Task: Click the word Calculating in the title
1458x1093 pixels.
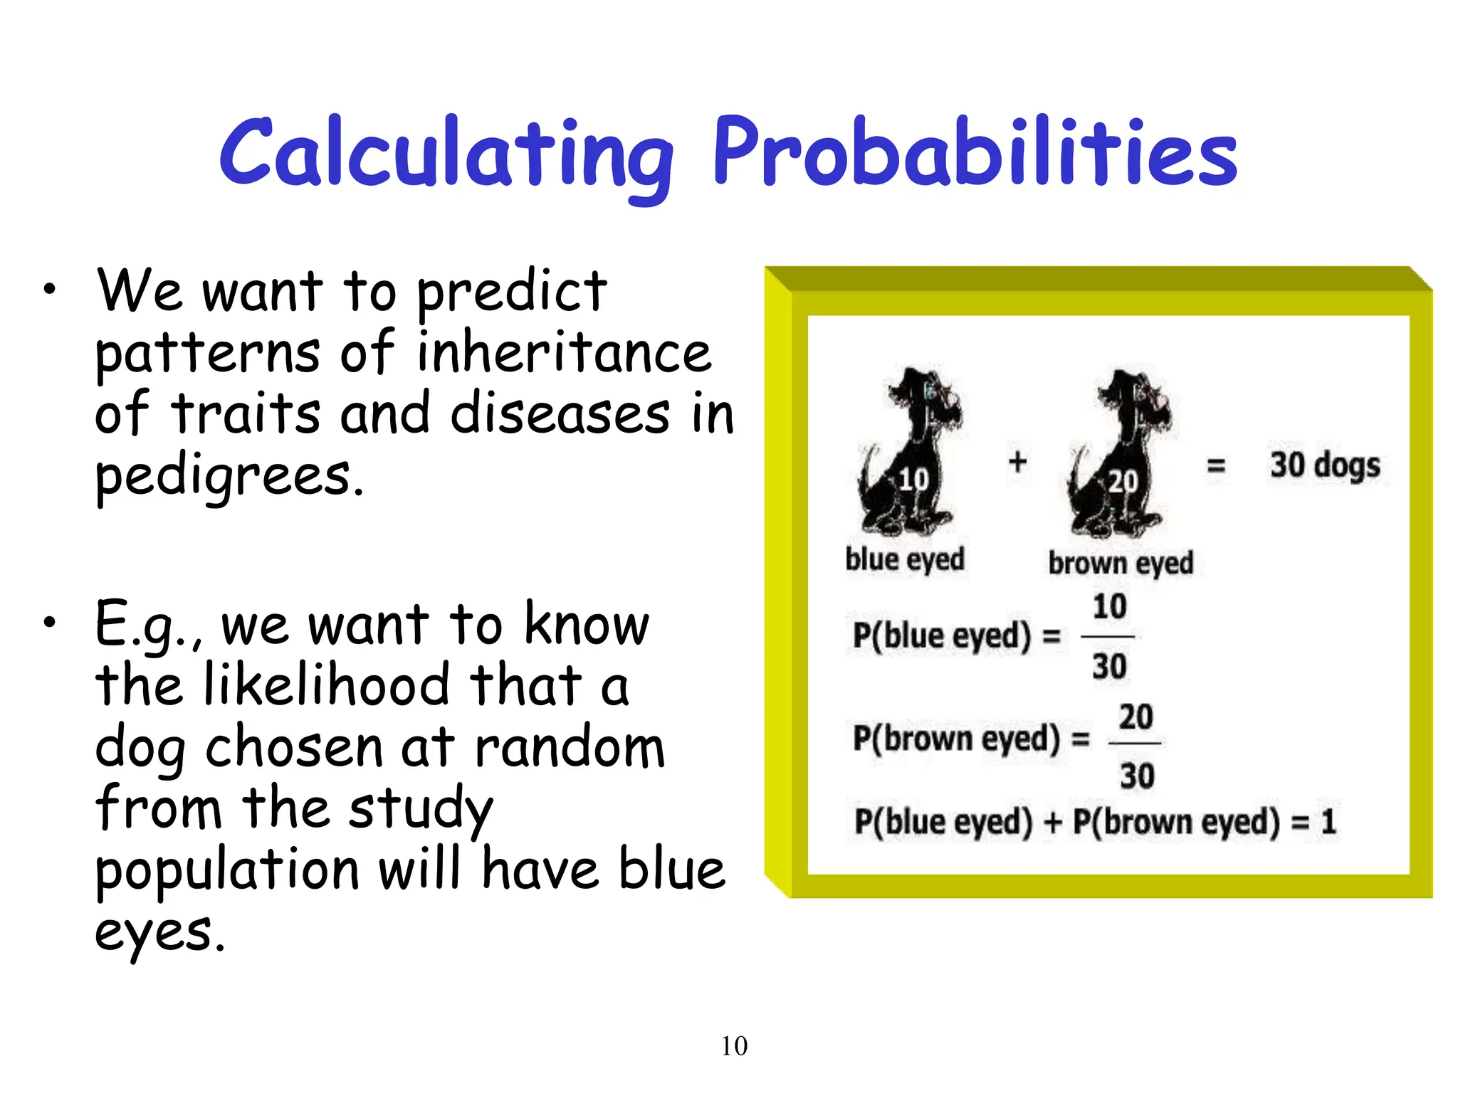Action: [446, 153]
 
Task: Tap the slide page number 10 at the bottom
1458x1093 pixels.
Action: [734, 1046]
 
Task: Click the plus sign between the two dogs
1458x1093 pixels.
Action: [1018, 463]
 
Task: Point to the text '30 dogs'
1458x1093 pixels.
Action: [1325, 466]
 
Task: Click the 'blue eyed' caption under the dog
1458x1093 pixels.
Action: [905, 559]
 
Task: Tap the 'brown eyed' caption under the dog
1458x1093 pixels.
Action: [1121, 563]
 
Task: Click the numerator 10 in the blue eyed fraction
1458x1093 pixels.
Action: [1109, 607]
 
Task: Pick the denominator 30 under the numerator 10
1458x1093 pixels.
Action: [1109, 667]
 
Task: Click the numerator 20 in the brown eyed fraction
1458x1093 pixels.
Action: [1136, 717]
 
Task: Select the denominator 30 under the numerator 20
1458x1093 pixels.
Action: [1136, 776]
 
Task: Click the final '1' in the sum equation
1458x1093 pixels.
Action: [1328, 823]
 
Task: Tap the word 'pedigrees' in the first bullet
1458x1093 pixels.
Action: [229, 477]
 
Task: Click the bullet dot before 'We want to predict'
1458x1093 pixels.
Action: [48, 289]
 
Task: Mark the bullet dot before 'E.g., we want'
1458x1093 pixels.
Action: [48, 623]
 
